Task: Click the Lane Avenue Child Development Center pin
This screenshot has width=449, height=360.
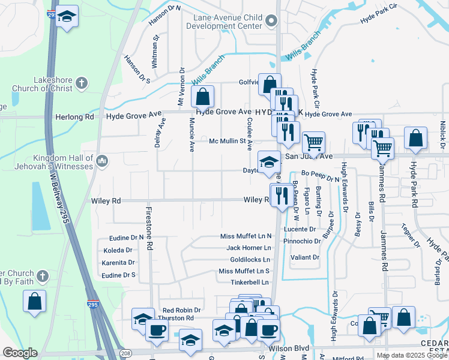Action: pyautogui.click(x=271, y=22)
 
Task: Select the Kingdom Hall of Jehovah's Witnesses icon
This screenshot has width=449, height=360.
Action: pyautogui.click(x=101, y=160)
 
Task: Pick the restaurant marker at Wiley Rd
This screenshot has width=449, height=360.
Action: pyautogui.click(x=281, y=194)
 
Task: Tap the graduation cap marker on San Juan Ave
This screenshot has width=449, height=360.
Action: pyautogui.click(x=268, y=161)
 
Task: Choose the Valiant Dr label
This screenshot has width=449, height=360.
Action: pyautogui.click(x=306, y=257)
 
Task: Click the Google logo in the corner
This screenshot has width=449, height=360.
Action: pyautogui.click(x=19, y=353)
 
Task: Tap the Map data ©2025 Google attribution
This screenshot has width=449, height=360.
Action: pyautogui.click(x=412, y=355)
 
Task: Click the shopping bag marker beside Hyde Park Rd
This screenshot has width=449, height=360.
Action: pyautogui.click(x=415, y=139)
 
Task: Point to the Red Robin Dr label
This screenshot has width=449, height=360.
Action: pyautogui.click(x=181, y=310)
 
